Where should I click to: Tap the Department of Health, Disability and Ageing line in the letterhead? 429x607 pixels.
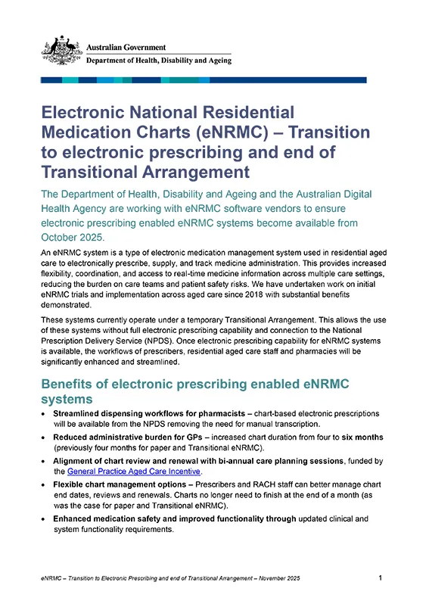click(159, 61)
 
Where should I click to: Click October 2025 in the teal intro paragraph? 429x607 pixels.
click(73, 237)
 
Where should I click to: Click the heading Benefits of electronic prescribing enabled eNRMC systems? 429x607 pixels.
click(195, 391)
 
